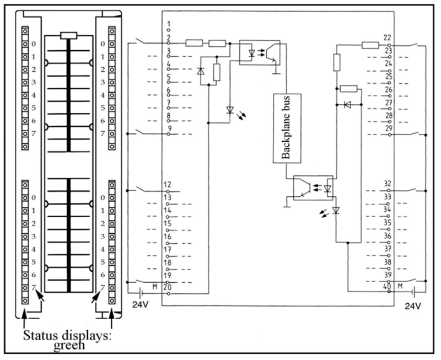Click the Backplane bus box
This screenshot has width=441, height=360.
click(x=286, y=127)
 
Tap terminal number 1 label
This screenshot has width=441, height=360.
click(x=168, y=24)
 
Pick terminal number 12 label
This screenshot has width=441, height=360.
click(x=168, y=184)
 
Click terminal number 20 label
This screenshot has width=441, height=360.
click(x=168, y=287)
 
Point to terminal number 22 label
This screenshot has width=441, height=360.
click(x=388, y=37)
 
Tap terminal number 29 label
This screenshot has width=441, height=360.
click(x=388, y=128)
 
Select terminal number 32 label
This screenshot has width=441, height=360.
click(x=388, y=184)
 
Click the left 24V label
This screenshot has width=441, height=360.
click(x=138, y=305)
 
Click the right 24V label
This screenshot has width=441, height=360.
click(x=413, y=305)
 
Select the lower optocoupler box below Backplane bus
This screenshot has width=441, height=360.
click(x=313, y=188)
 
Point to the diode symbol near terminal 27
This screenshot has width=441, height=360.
click(x=347, y=105)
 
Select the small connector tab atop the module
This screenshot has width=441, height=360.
click(x=69, y=35)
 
